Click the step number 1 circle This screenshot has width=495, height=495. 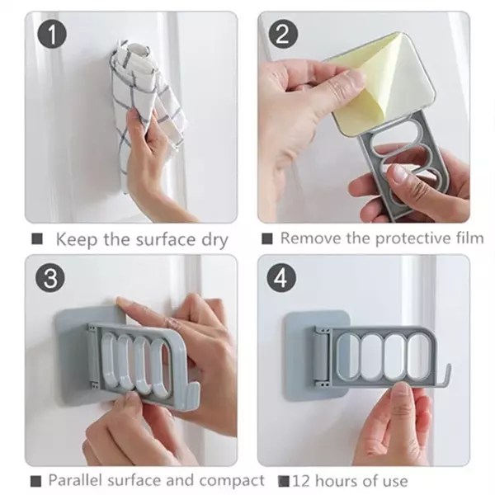pos(50,36)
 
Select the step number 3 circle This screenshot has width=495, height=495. pos(50,278)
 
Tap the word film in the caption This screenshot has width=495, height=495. pos(466,238)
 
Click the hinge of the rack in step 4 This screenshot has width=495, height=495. pos(322,356)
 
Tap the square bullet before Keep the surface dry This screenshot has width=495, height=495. pos(36,240)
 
